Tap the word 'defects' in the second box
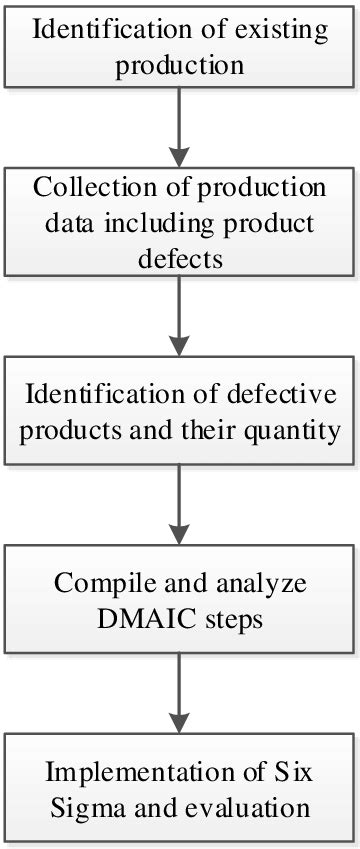pos(179,257)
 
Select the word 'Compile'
pos(103,583)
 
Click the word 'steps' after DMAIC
pos(231,617)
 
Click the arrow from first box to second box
pos(179,124)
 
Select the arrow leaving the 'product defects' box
pos(179,316)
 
